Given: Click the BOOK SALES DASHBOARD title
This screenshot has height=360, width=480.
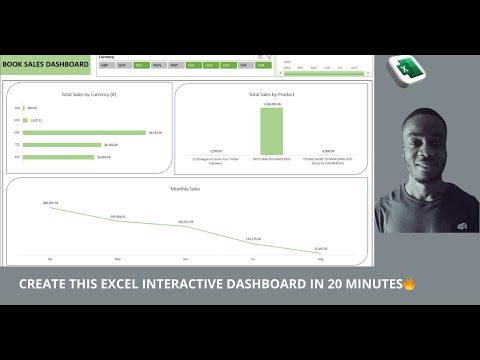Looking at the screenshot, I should tap(46, 64).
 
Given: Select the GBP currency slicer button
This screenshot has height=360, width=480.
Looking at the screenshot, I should tap(106, 65).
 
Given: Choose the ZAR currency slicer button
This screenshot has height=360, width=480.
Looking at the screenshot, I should tap(261, 65).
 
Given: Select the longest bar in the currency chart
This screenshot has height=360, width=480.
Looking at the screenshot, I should tap(85, 132).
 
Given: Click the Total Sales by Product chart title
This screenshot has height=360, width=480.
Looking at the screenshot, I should tap(271, 94).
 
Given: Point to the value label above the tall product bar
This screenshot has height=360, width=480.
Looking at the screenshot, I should tap(271, 104).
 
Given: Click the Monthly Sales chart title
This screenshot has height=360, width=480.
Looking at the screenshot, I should tap(187, 187).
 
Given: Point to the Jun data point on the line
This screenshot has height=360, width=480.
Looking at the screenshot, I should tap(186, 227).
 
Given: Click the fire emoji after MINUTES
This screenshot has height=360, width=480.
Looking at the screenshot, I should tap(410, 285).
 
